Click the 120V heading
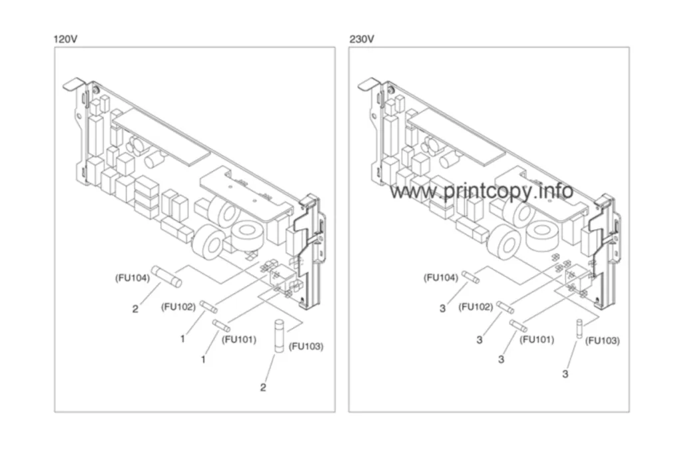(x=65, y=39)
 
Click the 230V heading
(x=362, y=39)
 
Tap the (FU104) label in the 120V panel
(x=133, y=278)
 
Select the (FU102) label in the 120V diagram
(x=178, y=307)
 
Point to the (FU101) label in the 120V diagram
(x=239, y=340)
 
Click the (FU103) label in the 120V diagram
(x=306, y=347)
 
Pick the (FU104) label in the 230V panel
(x=441, y=278)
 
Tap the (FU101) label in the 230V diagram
(x=537, y=340)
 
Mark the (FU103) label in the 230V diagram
(x=602, y=341)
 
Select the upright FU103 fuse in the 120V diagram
(x=279, y=336)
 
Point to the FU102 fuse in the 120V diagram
(x=208, y=307)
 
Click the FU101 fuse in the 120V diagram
(x=221, y=326)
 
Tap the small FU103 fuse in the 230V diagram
(x=579, y=330)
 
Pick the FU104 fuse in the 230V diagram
(x=470, y=277)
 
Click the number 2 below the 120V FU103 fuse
(x=263, y=387)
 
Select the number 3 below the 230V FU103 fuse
(x=565, y=374)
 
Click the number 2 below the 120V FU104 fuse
(x=135, y=309)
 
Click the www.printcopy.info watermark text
(x=481, y=191)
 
